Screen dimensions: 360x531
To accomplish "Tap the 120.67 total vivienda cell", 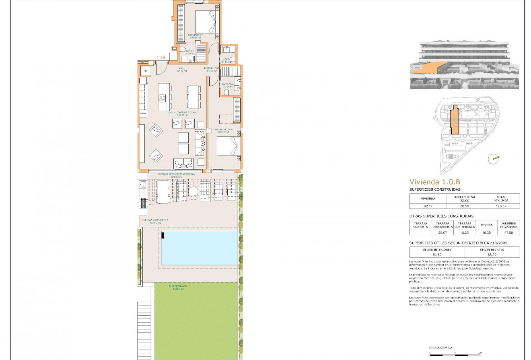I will [501, 206].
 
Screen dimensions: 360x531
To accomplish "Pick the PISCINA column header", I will [486, 225].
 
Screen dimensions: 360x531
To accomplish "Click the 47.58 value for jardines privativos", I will [508, 232].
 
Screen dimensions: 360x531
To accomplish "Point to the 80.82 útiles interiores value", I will [437, 255].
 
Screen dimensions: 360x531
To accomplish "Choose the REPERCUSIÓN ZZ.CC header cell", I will [464, 199].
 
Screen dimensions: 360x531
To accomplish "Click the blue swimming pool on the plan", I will [200, 248].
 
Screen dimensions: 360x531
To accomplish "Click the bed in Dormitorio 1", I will [206, 22].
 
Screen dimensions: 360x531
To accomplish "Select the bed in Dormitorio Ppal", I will [227, 146].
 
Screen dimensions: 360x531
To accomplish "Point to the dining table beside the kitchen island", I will [193, 97].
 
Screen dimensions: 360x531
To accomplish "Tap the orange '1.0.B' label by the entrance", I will [161, 58].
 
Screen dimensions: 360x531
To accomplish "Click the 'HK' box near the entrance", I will [146, 71].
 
